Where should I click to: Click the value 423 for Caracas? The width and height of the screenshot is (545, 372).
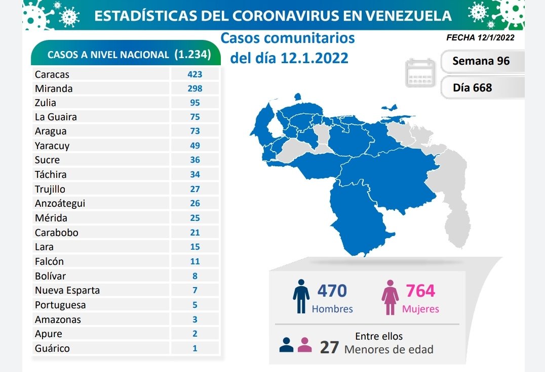pos(194,74)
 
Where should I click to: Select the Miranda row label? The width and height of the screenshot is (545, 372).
pos(54,88)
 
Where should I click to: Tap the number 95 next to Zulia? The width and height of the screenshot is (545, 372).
pos(194,103)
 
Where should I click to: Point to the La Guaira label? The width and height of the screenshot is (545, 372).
pos(56,117)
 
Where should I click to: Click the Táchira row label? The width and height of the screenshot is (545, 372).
pos(51,174)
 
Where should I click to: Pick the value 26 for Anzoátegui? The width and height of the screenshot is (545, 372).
pos(194,203)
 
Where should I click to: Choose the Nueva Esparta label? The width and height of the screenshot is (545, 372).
pos(67,290)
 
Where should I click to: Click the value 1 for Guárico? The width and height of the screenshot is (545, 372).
pos(194,348)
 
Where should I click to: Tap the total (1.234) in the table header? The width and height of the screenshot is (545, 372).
pos(192,55)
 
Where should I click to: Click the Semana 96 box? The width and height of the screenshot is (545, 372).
pos(481,61)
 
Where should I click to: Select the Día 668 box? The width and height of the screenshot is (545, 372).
pos(473,87)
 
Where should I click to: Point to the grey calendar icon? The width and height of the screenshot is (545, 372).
pos(420,73)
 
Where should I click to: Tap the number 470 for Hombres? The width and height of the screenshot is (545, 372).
pos(332,291)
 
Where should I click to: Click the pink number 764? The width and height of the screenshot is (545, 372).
pos(420,291)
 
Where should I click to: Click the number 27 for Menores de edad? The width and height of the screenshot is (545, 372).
pos(329,347)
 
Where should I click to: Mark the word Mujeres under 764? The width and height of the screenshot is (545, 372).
pos(420,309)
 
